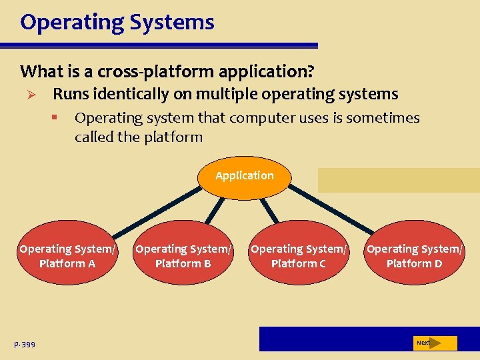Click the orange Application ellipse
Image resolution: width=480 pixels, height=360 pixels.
tap(245, 176)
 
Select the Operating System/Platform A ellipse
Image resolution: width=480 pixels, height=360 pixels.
tap(67, 256)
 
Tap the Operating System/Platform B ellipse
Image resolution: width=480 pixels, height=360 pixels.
tap(183, 256)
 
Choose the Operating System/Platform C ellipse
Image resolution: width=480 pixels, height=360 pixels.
tap(299, 256)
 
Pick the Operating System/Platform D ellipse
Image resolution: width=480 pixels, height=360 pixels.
tap(414, 256)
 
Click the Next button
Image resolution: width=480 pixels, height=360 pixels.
tap(434, 343)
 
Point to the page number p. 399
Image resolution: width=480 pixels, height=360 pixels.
tap(25, 344)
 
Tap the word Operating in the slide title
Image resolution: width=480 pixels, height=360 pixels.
tap(69, 22)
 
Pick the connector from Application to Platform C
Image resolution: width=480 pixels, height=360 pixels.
tap(270, 209)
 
